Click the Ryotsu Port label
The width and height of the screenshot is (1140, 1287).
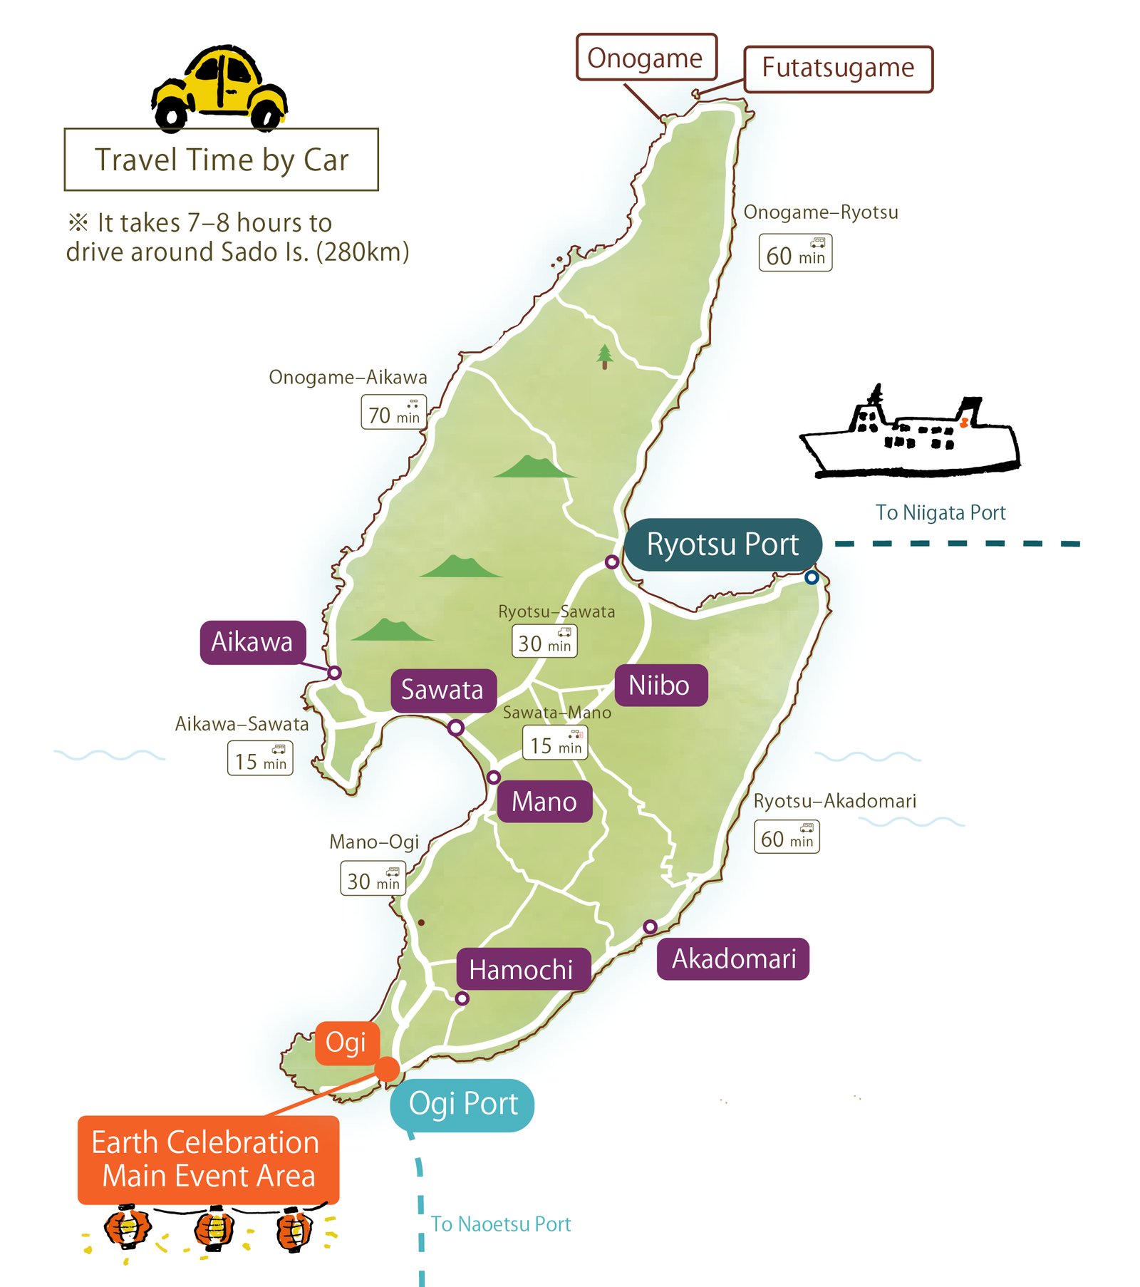tap(722, 544)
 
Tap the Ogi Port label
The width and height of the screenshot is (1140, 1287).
tap(462, 1104)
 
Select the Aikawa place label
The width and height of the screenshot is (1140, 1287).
tap(252, 642)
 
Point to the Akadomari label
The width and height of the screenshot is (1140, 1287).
tap(733, 958)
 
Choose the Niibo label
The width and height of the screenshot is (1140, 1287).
tap(659, 685)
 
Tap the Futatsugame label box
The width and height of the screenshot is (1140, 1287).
tap(838, 68)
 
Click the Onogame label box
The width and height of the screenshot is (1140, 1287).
tap(646, 58)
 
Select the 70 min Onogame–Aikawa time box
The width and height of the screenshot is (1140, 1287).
tap(393, 413)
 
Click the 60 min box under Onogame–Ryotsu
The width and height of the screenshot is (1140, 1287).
tap(795, 253)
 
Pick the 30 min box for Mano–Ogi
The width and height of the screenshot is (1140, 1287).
tap(373, 879)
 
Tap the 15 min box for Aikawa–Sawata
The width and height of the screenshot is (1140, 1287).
tap(260, 758)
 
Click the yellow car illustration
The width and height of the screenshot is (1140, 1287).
tap(219, 89)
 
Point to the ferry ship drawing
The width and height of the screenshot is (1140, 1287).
tap(910, 435)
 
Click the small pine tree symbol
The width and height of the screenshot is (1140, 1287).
tap(605, 356)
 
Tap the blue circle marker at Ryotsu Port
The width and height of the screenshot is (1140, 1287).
tap(812, 578)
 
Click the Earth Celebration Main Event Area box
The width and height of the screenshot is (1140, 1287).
tap(208, 1159)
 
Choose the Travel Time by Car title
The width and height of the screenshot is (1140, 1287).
tap(222, 160)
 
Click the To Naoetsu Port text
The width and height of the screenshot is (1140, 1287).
tap(500, 1224)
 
